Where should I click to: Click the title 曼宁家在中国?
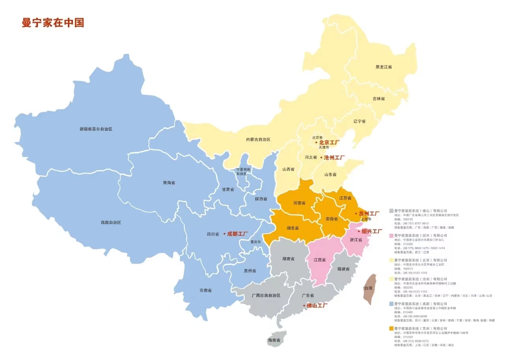coord(53,22)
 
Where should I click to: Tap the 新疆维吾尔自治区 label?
coord(96,129)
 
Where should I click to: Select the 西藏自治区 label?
coord(111,223)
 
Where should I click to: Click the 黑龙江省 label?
coord(383,67)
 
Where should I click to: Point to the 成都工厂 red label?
coord(238,234)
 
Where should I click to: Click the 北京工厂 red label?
coord(329,142)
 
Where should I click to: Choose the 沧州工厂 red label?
coord(334,157)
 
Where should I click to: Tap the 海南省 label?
coord(274,340)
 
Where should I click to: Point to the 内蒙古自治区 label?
coord(258,140)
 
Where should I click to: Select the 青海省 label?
coord(169,183)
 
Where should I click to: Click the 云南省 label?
coord(205,291)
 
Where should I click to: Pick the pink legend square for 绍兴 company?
coord(391,236)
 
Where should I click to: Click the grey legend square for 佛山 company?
coord(391,211)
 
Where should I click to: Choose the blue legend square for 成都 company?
coord(391,304)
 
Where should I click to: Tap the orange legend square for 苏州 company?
coord(391,328)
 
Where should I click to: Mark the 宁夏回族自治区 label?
coord(243,172)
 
